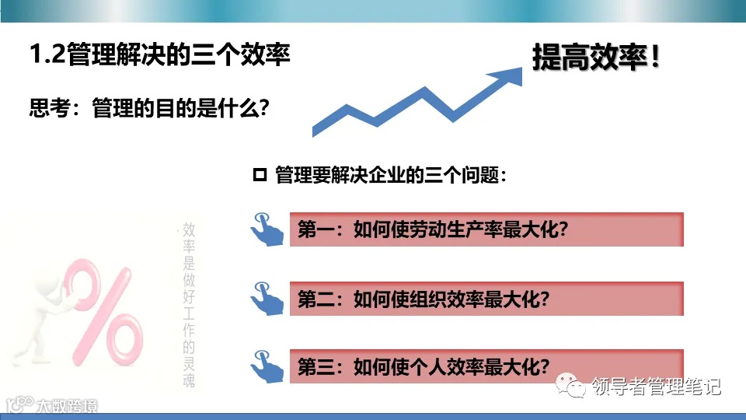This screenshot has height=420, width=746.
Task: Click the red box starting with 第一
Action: pos(486,229)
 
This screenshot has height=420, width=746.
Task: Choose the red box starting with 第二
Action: pos(486,299)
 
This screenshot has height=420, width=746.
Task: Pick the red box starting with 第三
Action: pos(486,366)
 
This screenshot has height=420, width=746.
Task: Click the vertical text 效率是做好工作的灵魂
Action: pos(188,303)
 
